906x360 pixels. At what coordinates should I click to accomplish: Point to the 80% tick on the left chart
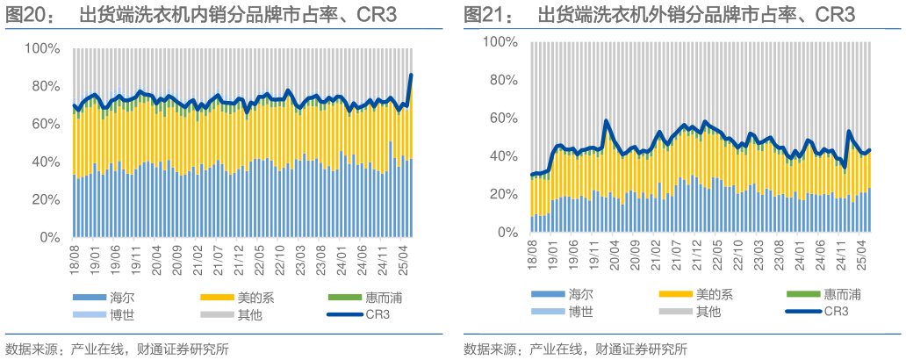pyautogui.click(x=46, y=86)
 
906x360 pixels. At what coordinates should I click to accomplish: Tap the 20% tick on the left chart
pyautogui.click(x=46, y=199)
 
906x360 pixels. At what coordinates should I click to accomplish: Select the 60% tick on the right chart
pyautogui.click(x=504, y=118)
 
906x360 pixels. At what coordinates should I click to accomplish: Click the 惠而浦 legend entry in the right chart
pyautogui.click(x=840, y=293)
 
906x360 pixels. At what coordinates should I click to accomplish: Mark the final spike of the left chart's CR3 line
pyautogui.click(x=412, y=76)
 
